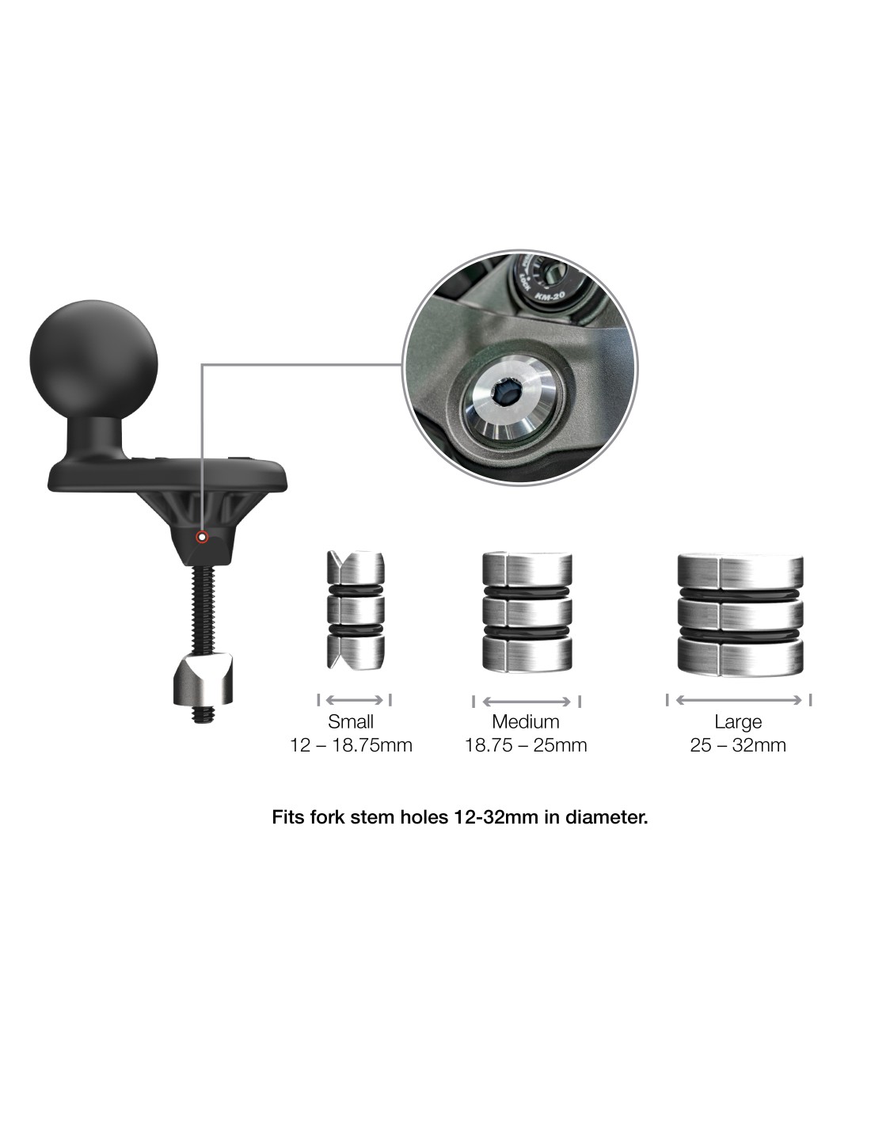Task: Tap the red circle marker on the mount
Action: [x=202, y=537]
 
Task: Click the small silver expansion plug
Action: [x=356, y=610]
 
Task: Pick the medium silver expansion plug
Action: [x=527, y=612]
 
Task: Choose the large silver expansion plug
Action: [x=740, y=614]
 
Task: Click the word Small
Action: [x=350, y=721]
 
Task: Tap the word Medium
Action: [x=526, y=721]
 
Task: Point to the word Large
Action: [x=738, y=722]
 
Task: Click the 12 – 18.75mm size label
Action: [x=351, y=745]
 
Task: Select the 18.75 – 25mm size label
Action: [x=526, y=745]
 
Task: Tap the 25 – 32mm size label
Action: [x=738, y=745]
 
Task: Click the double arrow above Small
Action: [x=355, y=700]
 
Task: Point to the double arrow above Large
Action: [x=739, y=700]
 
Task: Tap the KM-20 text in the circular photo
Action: [x=550, y=296]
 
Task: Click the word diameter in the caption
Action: [x=607, y=817]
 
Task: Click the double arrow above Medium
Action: [x=527, y=702]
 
